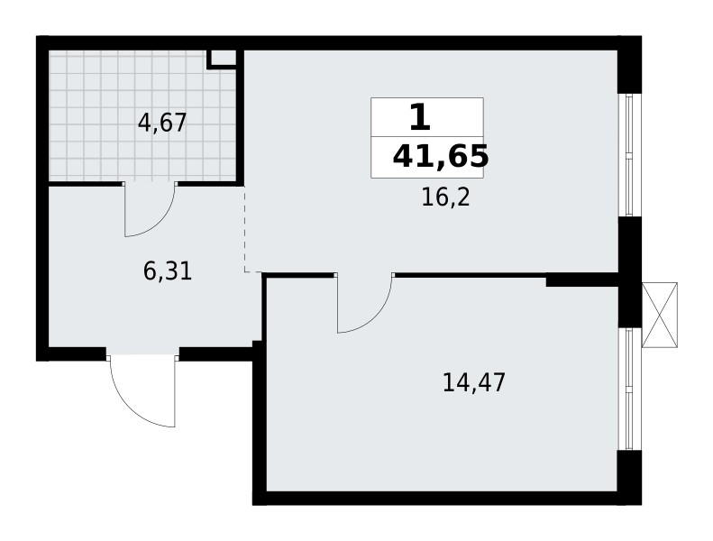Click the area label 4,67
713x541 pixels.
pos(161,123)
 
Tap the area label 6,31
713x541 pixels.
pos(168,271)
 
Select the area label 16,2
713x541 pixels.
pos(445,197)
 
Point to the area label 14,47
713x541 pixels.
pos(474,382)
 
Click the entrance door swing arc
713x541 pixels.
pos(135,397)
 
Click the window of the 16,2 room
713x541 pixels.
pos(630,154)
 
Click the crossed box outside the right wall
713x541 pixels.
pos(659,315)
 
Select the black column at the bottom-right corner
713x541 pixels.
pos(629,476)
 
